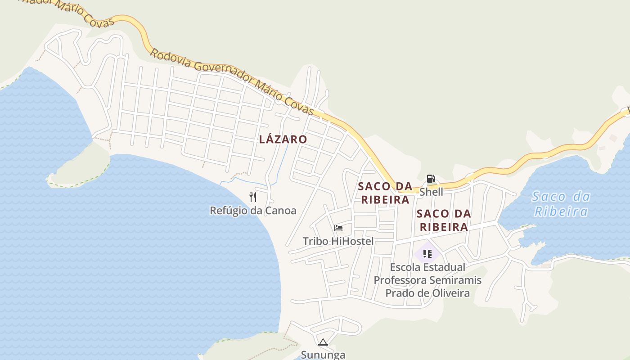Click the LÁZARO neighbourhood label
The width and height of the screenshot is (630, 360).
pos(283,139)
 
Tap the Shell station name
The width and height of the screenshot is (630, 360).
pos(431,192)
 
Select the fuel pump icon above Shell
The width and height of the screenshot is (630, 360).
pos(431,179)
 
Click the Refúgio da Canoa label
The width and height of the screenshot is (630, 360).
pos(253,211)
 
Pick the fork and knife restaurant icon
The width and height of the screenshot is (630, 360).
pos(253,197)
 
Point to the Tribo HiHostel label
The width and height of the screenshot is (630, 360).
pos(338,241)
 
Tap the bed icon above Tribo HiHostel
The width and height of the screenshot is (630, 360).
pos(338,228)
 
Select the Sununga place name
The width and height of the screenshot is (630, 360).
pos(323,355)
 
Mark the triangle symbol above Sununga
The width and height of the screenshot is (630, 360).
pos(323,342)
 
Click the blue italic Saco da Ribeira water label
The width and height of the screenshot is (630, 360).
pos(561,204)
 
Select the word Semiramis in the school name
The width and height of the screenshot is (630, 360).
pos(455,280)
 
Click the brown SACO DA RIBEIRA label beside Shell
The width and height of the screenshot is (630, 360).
pos(385,193)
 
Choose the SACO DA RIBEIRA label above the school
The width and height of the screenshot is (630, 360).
pos(444,220)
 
